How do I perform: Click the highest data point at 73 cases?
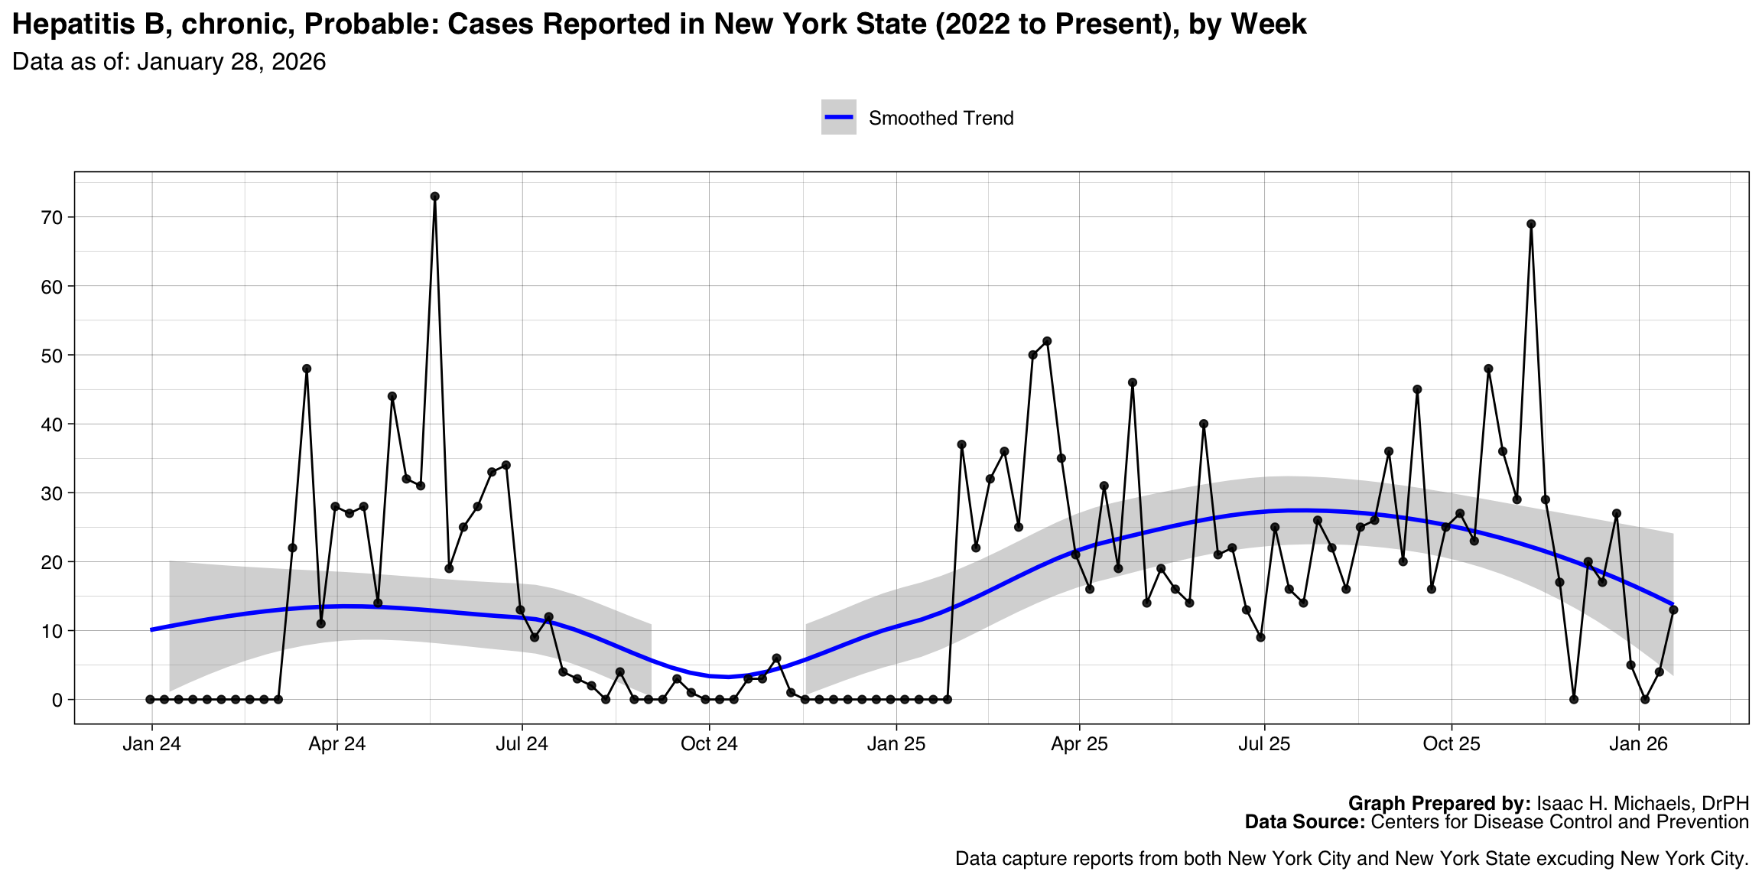coord(434,197)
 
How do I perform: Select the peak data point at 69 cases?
coord(1531,224)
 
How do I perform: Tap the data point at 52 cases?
coord(1047,341)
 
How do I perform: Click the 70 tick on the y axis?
coord(52,218)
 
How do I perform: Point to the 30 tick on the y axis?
coord(52,493)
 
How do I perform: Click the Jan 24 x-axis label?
coord(151,744)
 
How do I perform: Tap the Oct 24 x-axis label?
coord(709,744)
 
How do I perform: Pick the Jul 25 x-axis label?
coord(1264,744)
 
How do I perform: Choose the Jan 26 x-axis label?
coord(1638,744)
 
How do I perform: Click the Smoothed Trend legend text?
coord(941,119)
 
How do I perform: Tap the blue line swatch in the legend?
coord(838,117)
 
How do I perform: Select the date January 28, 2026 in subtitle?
coord(231,62)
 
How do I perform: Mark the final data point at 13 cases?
coord(1673,610)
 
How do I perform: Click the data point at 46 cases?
coord(1133,382)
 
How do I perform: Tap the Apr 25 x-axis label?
coord(1079,744)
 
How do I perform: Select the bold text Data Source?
coord(1305,822)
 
